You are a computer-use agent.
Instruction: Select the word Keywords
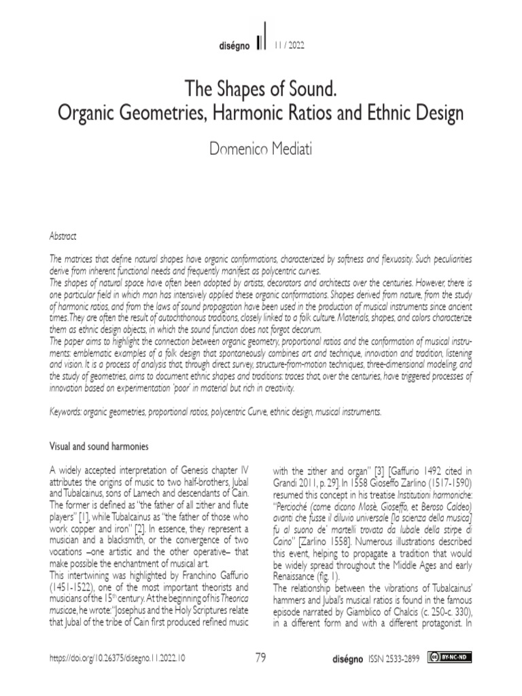[68, 412]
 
